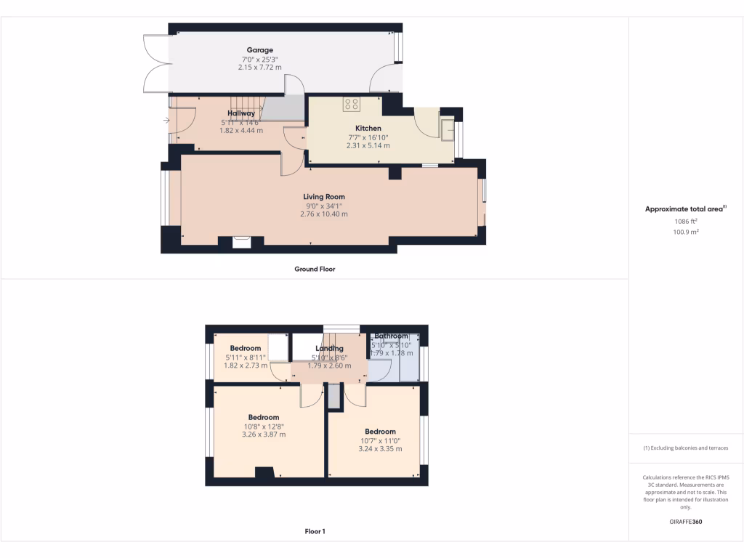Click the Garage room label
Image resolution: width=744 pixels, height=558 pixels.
259,50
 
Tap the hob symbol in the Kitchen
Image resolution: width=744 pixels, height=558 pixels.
352,105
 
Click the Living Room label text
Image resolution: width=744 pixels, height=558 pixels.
324,196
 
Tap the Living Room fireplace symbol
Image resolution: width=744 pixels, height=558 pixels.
241,242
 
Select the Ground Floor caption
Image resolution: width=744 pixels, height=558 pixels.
315,269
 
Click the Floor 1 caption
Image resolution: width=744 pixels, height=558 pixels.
315,531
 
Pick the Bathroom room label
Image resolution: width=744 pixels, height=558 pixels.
392,336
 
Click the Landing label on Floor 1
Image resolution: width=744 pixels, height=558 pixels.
329,348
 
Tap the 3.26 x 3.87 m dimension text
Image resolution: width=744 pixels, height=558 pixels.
262,434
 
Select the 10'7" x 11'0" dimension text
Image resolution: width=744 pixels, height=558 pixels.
380,440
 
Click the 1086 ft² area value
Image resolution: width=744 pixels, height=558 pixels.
685,221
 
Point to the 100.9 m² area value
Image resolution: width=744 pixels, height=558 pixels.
685,232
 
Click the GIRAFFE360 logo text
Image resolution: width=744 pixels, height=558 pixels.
685,521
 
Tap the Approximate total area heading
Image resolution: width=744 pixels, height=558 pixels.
684,209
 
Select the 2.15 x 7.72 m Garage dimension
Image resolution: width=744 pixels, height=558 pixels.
259,68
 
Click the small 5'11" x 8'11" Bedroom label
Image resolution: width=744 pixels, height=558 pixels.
246,357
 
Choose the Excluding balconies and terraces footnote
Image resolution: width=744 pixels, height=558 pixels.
685,448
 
